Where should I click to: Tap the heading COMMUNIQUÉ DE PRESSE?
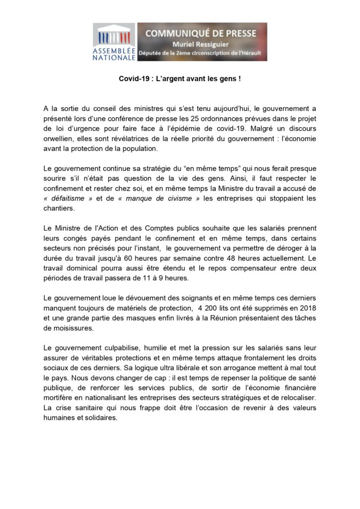(x=201, y=33)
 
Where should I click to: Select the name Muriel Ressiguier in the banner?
(x=201, y=43)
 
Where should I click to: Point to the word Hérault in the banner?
(x=252, y=52)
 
